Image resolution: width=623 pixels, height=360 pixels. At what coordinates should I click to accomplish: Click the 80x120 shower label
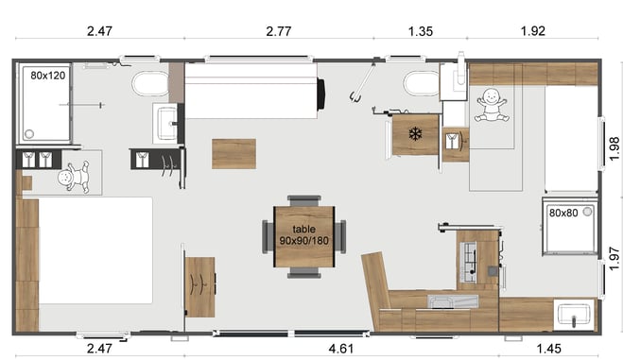[47, 75]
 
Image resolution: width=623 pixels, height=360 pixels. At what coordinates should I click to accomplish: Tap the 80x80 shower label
[563, 214]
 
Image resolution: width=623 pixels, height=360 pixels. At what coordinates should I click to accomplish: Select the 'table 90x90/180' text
[304, 234]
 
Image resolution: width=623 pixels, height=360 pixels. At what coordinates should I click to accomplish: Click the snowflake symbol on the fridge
[415, 134]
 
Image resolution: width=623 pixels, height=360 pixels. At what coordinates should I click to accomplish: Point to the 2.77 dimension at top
[279, 31]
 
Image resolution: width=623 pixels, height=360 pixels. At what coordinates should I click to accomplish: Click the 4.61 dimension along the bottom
[341, 349]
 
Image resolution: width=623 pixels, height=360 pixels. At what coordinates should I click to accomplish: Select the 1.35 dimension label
[421, 31]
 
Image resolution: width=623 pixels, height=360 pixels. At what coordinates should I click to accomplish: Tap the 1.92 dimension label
[533, 31]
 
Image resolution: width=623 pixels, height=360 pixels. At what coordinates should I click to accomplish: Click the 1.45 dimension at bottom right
[548, 349]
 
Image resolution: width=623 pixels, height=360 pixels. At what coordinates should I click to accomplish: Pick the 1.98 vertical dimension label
[614, 148]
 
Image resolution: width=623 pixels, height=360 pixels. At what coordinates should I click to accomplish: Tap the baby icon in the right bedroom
[492, 105]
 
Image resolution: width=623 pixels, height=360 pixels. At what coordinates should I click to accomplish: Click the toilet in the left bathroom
[150, 84]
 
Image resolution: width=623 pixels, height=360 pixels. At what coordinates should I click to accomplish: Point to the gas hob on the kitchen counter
[469, 262]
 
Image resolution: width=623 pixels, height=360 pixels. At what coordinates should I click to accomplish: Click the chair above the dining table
[304, 201]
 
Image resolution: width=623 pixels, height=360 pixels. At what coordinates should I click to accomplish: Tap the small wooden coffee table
[234, 154]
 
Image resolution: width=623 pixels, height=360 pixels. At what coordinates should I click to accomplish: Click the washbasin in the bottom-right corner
[574, 315]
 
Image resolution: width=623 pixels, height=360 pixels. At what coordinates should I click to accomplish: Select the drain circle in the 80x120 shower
[29, 134]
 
